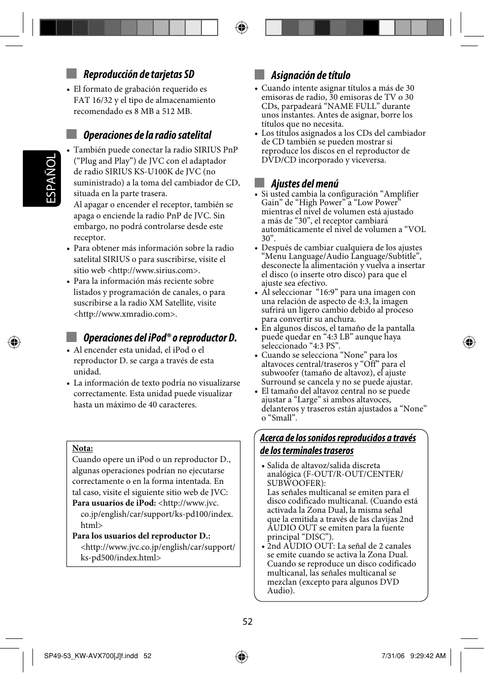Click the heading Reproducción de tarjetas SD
(x=139, y=74)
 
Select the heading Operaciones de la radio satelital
(x=147, y=135)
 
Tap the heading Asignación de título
(x=310, y=75)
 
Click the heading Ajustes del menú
(x=304, y=184)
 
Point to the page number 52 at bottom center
(x=248, y=622)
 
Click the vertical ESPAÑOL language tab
(x=51, y=179)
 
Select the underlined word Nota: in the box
(x=82, y=448)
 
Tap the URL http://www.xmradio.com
(x=125, y=314)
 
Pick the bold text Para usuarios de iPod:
(x=114, y=503)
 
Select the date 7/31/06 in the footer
(x=393, y=656)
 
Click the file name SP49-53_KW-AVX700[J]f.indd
(x=91, y=656)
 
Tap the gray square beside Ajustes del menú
(x=260, y=183)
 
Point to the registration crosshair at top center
(x=242, y=27)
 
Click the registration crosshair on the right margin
(x=469, y=342)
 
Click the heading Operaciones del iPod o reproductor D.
(x=160, y=338)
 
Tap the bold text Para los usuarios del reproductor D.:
(x=141, y=536)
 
